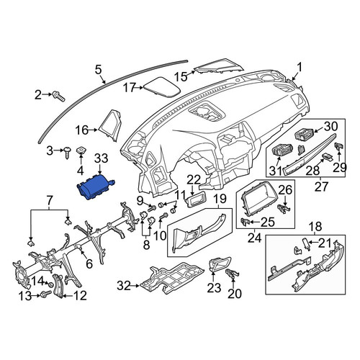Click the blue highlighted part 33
click(95, 186)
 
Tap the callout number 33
click(101, 158)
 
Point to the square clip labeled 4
click(81, 150)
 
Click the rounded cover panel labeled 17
click(162, 87)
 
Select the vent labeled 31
click(282, 150)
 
